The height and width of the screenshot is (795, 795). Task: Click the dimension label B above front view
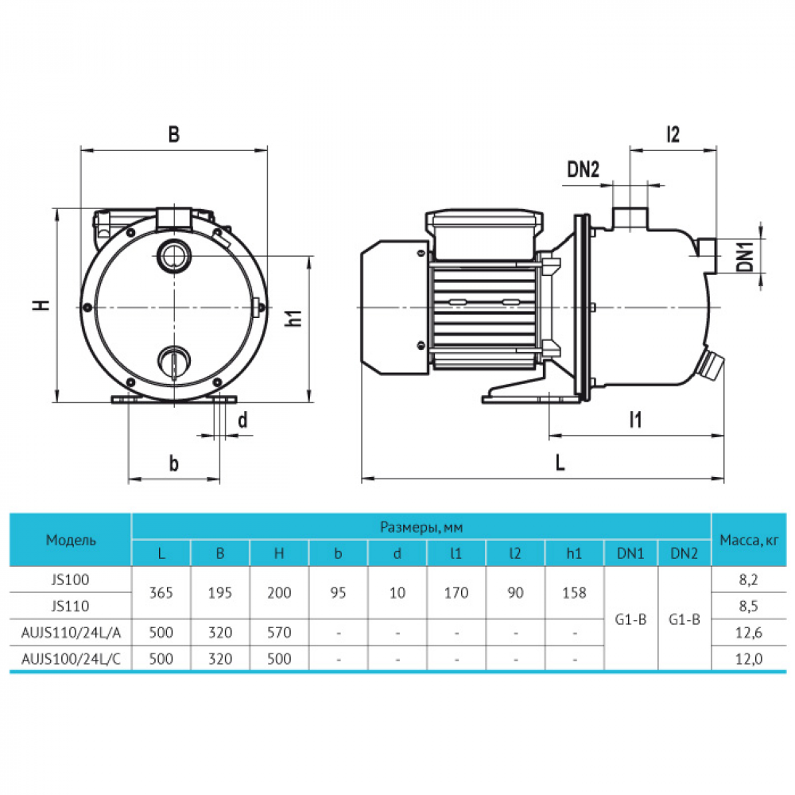[173, 135]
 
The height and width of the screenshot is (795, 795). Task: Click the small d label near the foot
[242, 421]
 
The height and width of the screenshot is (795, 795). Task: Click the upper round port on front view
[173, 256]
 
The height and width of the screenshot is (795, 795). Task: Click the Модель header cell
[71, 540]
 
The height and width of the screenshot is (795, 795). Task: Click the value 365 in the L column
[161, 593]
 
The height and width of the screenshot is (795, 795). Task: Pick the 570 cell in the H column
[279, 633]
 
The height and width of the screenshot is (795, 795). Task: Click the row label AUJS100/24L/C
[71, 659]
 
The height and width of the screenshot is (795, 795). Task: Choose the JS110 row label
[71, 606]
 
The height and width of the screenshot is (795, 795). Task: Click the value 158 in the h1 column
[573, 593]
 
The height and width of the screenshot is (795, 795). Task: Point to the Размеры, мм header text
[421, 526]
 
